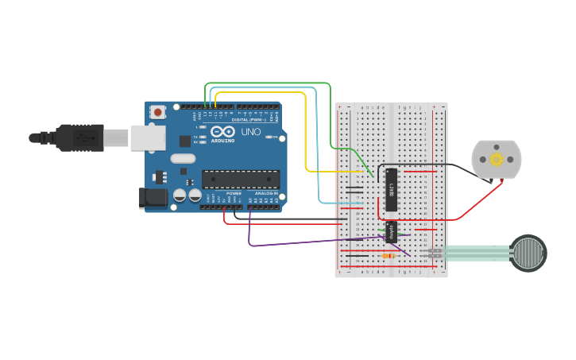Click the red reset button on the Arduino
(x=158, y=112)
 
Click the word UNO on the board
(x=250, y=131)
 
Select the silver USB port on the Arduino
(x=148, y=138)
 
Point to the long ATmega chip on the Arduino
(x=240, y=179)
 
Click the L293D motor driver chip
(x=391, y=189)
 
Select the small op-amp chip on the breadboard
(x=391, y=232)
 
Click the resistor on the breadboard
(x=389, y=256)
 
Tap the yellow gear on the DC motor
(x=497, y=159)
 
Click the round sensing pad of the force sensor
(x=528, y=253)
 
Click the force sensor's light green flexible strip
(x=477, y=253)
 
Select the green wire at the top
(x=270, y=83)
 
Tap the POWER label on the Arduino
(x=234, y=193)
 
